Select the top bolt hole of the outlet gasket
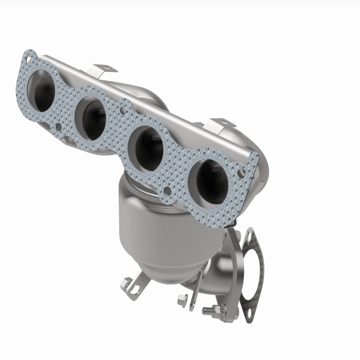click(x=249, y=235)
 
